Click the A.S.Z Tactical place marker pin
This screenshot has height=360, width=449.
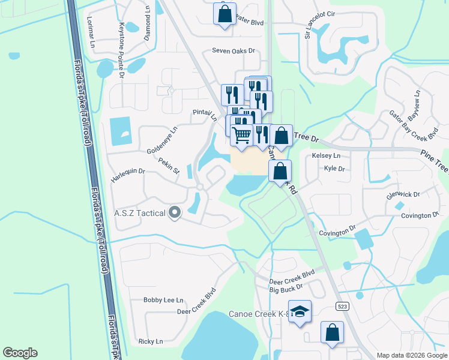[175, 212]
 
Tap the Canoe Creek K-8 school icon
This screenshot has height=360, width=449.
[300, 311]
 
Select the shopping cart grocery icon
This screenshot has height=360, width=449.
[241, 136]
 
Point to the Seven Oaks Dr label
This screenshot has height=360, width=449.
[234, 51]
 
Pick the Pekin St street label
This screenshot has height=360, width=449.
[169, 166]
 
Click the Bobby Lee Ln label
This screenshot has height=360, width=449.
[163, 300]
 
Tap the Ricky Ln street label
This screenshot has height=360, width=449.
[150, 341]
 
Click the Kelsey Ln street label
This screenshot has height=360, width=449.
[326, 156]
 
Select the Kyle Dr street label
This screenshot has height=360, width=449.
[334, 169]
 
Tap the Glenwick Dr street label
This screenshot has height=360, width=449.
[403, 194]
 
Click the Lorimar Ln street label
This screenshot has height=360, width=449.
[91, 32]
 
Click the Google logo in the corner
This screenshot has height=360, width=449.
[20, 353]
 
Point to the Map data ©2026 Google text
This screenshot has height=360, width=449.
[411, 355]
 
